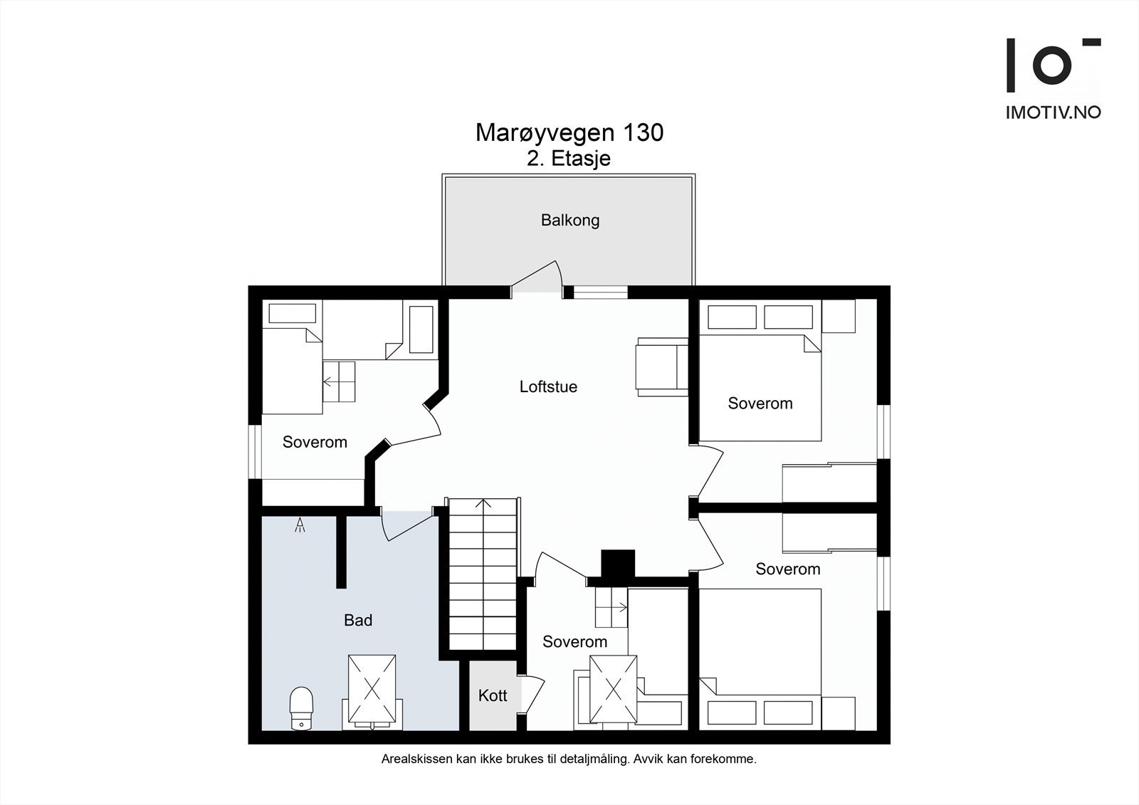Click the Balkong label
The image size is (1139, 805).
coord(570,220)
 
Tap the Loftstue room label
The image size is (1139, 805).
coord(548,386)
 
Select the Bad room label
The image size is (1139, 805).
coord(358,620)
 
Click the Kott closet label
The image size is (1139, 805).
coord(493,695)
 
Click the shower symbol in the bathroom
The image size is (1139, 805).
coord(300,525)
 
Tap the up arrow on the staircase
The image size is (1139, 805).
coord(483,504)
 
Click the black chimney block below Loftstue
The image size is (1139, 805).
coord(618,564)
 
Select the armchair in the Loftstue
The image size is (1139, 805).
coord(661,367)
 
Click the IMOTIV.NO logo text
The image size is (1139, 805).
coord(1054,112)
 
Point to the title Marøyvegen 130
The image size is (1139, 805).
coord(569,132)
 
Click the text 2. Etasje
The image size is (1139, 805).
coord(569,159)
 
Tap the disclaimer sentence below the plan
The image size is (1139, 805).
coord(569,759)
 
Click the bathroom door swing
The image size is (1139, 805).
coord(406,526)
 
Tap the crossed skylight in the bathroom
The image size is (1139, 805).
coord(372,689)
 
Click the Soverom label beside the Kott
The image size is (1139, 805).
coord(574,642)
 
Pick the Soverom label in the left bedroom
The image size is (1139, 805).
coord(315,442)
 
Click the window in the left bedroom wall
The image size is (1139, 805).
coord(255,451)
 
